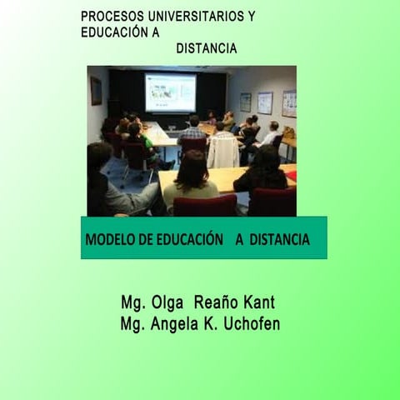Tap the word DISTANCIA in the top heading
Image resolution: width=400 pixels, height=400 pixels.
[207, 49]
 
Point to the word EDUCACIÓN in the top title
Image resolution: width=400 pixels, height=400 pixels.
[115, 33]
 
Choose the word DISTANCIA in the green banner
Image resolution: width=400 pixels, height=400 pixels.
[277, 240]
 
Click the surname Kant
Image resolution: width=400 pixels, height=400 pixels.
[253, 302]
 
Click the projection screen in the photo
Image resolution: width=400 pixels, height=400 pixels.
[170, 92]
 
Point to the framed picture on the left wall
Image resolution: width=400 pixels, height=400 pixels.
[96, 91]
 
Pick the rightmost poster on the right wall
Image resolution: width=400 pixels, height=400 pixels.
[288, 103]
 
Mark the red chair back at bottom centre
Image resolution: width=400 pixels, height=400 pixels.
[205, 205]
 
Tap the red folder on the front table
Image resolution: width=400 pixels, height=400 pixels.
[291, 176]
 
